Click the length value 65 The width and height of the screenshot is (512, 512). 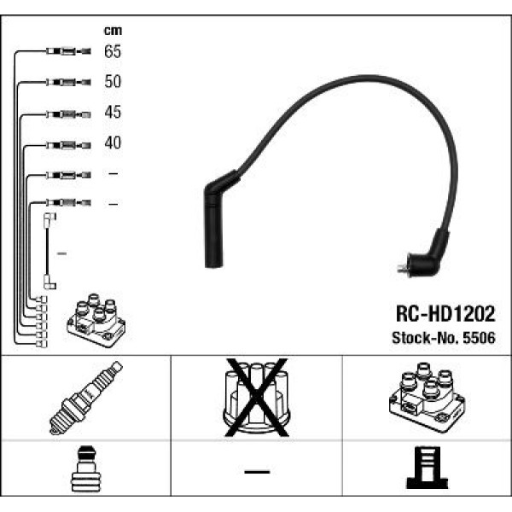point(113,52)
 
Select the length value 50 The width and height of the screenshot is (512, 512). point(113,82)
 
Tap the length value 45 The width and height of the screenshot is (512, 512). point(113,113)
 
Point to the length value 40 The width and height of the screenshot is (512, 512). point(113,143)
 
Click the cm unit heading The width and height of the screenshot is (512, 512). point(113,31)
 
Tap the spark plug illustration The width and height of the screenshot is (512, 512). point(86,399)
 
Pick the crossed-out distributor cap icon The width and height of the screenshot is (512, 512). point(256,397)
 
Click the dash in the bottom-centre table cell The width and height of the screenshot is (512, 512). point(256,471)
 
